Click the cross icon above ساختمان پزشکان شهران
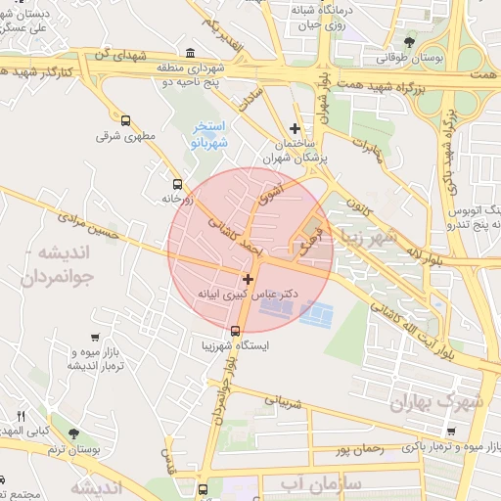[295, 128]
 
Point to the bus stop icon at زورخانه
[177, 183]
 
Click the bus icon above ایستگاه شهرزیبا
[234, 331]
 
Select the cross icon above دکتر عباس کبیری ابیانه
[248, 279]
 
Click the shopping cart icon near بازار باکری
[449, 431]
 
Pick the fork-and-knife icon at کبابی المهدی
[22, 416]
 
